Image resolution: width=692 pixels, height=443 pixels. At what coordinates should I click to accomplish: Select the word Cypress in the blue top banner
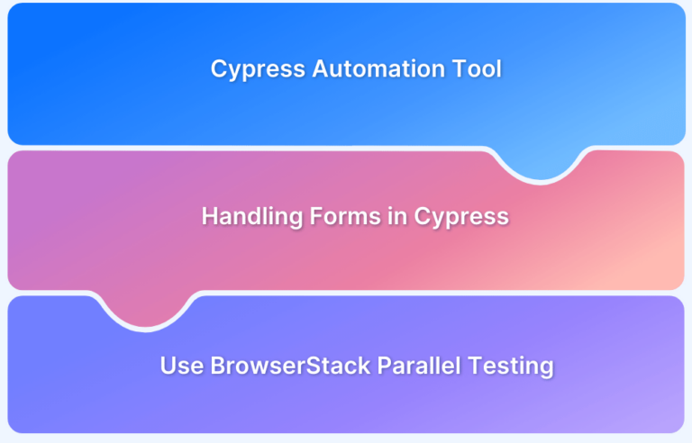pos(258,70)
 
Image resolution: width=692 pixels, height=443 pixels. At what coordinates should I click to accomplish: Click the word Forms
pos(345,216)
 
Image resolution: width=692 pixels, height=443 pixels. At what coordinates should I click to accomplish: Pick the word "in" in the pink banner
pos(397,216)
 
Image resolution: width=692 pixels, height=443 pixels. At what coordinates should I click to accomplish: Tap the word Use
pos(182,366)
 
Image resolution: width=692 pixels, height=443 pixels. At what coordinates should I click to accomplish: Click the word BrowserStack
pos(290,366)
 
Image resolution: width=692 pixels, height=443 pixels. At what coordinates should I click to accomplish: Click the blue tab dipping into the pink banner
pos(541,164)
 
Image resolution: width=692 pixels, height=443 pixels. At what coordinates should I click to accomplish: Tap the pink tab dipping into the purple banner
pos(146,310)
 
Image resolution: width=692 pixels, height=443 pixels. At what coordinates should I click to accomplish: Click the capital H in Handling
pos(210,216)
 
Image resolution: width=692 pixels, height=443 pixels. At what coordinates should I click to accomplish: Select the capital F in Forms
pos(316,216)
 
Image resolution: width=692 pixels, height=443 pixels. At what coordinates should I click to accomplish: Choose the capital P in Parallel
pos(385,366)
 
